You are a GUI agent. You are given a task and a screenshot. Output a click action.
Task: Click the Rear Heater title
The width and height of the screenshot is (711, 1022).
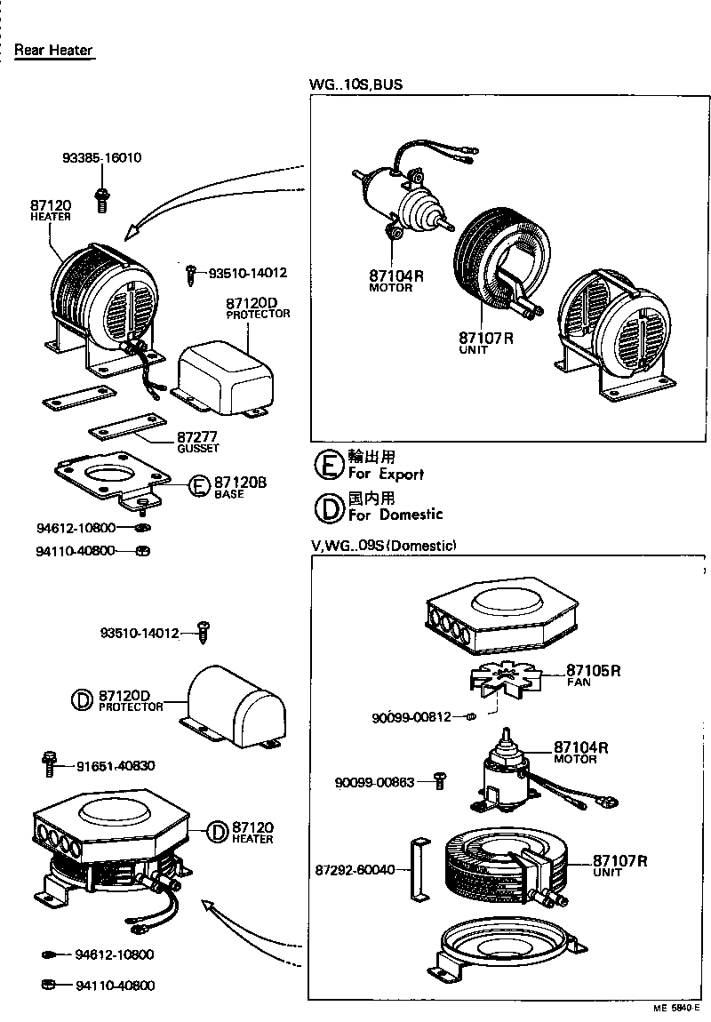click(53, 51)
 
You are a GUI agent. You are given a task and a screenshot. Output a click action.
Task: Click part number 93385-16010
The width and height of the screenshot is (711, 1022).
click(101, 158)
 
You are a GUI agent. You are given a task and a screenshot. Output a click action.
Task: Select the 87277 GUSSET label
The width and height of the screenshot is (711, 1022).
click(197, 441)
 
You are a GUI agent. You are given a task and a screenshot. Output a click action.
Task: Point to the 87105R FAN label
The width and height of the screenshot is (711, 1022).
click(593, 675)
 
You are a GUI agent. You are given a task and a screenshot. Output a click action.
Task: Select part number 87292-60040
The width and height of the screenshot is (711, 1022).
click(355, 869)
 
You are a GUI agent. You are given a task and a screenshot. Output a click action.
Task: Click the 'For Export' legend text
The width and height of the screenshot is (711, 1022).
click(385, 474)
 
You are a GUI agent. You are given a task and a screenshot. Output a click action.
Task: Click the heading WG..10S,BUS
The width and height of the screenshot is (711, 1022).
click(355, 85)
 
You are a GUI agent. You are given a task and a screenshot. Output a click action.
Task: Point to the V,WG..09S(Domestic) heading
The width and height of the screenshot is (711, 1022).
click(383, 545)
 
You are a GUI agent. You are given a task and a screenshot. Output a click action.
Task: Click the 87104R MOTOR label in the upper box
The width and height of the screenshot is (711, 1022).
click(396, 280)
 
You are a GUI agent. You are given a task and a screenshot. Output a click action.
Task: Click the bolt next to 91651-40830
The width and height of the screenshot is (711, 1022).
click(49, 763)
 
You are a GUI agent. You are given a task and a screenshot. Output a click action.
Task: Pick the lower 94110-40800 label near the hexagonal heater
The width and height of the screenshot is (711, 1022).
click(115, 985)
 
